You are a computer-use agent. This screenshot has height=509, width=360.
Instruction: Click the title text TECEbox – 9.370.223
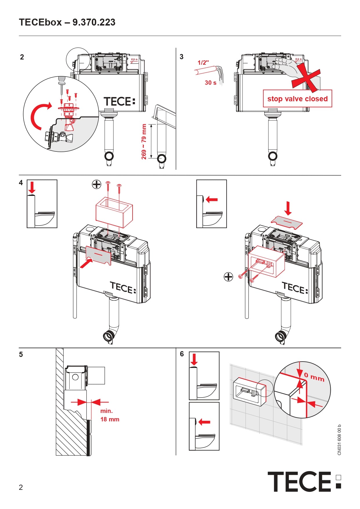pyautogui.click(x=67, y=22)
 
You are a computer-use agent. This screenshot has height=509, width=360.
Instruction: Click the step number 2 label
pyautogui.click(x=22, y=57)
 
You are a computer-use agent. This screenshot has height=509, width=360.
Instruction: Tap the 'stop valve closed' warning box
pyautogui.click(x=297, y=99)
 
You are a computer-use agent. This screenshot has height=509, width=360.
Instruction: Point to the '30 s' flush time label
pyautogui.click(x=211, y=83)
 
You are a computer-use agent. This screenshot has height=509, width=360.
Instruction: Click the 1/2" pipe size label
pyautogui.click(x=203, y=62)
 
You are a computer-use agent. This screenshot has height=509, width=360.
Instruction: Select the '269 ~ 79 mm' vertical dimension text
pyautogui.click(x=144, y=142)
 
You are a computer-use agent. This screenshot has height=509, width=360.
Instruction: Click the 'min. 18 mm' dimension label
pyautogui.click(x=109, y=415)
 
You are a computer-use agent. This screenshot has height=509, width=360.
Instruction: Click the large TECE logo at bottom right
pyautogui.click(x=304, y=482)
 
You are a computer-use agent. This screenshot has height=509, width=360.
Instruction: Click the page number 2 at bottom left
pyautogui.click(x=21, y=487)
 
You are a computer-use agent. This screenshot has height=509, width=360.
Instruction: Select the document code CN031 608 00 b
pyautogui.click(x=339, y=440)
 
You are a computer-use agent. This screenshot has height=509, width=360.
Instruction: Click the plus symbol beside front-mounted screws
pyautogui.click(x=229, y=277)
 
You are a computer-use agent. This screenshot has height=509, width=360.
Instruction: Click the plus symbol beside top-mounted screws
pyautogui.click(x=97, y=184)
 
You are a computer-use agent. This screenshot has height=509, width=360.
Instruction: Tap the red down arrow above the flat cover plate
pyautogui.click(x=288, y=208)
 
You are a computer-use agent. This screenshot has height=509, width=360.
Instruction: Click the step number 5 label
pyautogui.click(x=21, y=355)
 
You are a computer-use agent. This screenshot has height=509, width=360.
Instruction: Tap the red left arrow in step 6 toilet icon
pyautogui.click(x=205, y=422)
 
